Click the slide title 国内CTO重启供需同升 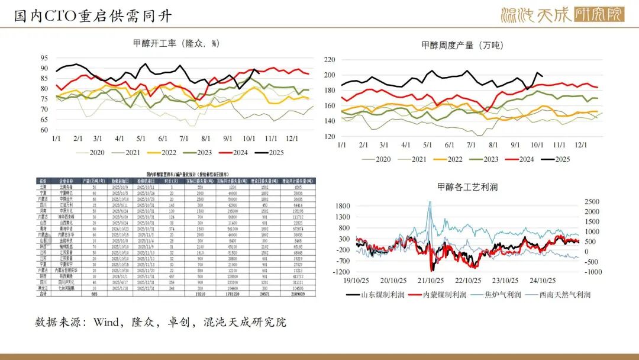click(93, 16)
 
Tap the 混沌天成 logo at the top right click(561, 15)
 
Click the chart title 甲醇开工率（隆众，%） click(176, 43)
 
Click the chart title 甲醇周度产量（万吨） click(462, 45)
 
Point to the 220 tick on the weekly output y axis click(330, 60)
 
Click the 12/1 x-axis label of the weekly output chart click(581, 145)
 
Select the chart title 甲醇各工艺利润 click(467, 187)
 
